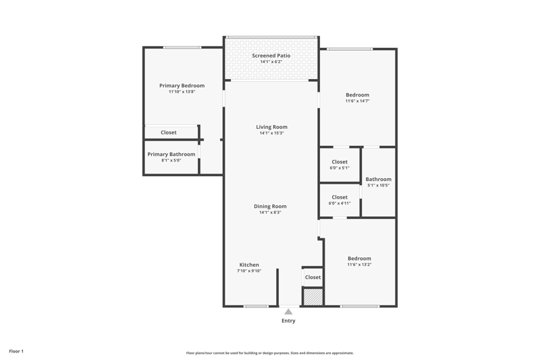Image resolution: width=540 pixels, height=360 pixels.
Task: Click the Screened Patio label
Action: pos(271,55)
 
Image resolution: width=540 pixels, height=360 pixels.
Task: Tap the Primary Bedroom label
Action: pos(182,85)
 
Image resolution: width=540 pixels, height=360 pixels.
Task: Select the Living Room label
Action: pos(272,127)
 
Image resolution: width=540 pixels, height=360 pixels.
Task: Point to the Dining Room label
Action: pos(271,207)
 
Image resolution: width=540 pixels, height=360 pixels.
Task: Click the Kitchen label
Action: pos(249,265)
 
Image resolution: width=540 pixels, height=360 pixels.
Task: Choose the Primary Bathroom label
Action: pos(171,155)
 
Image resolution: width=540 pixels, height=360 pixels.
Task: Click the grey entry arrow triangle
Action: pos(288,312)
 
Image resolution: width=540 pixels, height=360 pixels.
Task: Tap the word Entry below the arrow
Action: pos(289,321)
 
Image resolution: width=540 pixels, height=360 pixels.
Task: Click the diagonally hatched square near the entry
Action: pos(313,297)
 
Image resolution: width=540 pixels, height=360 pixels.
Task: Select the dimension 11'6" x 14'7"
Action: pos(358,101)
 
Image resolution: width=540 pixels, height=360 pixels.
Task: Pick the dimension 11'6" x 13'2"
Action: pos(359,265)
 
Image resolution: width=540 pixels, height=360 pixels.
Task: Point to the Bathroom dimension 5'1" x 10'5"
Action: pos(379,185)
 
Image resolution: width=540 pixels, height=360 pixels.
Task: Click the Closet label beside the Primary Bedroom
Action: pos(168,132)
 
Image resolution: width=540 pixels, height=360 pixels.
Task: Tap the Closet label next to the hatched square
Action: pos(313,278)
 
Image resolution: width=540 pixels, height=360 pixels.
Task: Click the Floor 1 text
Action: pos(16,351)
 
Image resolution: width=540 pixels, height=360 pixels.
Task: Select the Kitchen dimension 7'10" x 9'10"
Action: pos(249,271)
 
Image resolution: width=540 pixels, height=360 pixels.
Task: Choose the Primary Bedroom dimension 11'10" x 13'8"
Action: pos(182,92)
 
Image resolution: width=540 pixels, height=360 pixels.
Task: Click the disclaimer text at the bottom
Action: pos(269,353)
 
